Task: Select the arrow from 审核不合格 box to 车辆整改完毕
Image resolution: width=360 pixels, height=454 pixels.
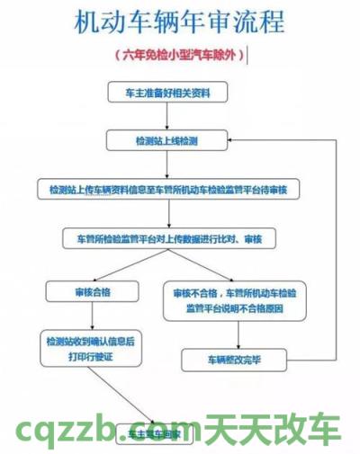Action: tap(236, 334)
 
